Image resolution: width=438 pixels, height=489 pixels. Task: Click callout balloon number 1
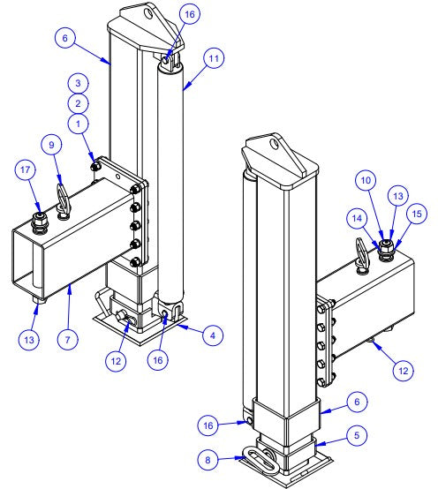click(80, 124)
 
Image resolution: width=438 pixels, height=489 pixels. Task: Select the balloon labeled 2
click(79, 102)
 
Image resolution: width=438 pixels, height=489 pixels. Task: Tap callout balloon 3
click(79, 82)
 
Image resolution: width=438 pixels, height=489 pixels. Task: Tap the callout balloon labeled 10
click(366, 179)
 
